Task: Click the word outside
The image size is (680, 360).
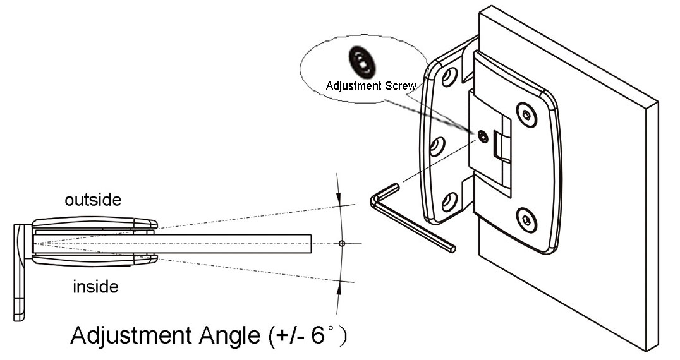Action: click(93, 200)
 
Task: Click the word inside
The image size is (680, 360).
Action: click(96, 287)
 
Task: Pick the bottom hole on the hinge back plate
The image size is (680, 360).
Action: click(449, 202)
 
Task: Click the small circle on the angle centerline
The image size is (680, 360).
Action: click(342, 243)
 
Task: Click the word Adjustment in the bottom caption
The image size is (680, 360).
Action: click(121, 335)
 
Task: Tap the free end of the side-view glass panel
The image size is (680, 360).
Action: click(310, 244)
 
